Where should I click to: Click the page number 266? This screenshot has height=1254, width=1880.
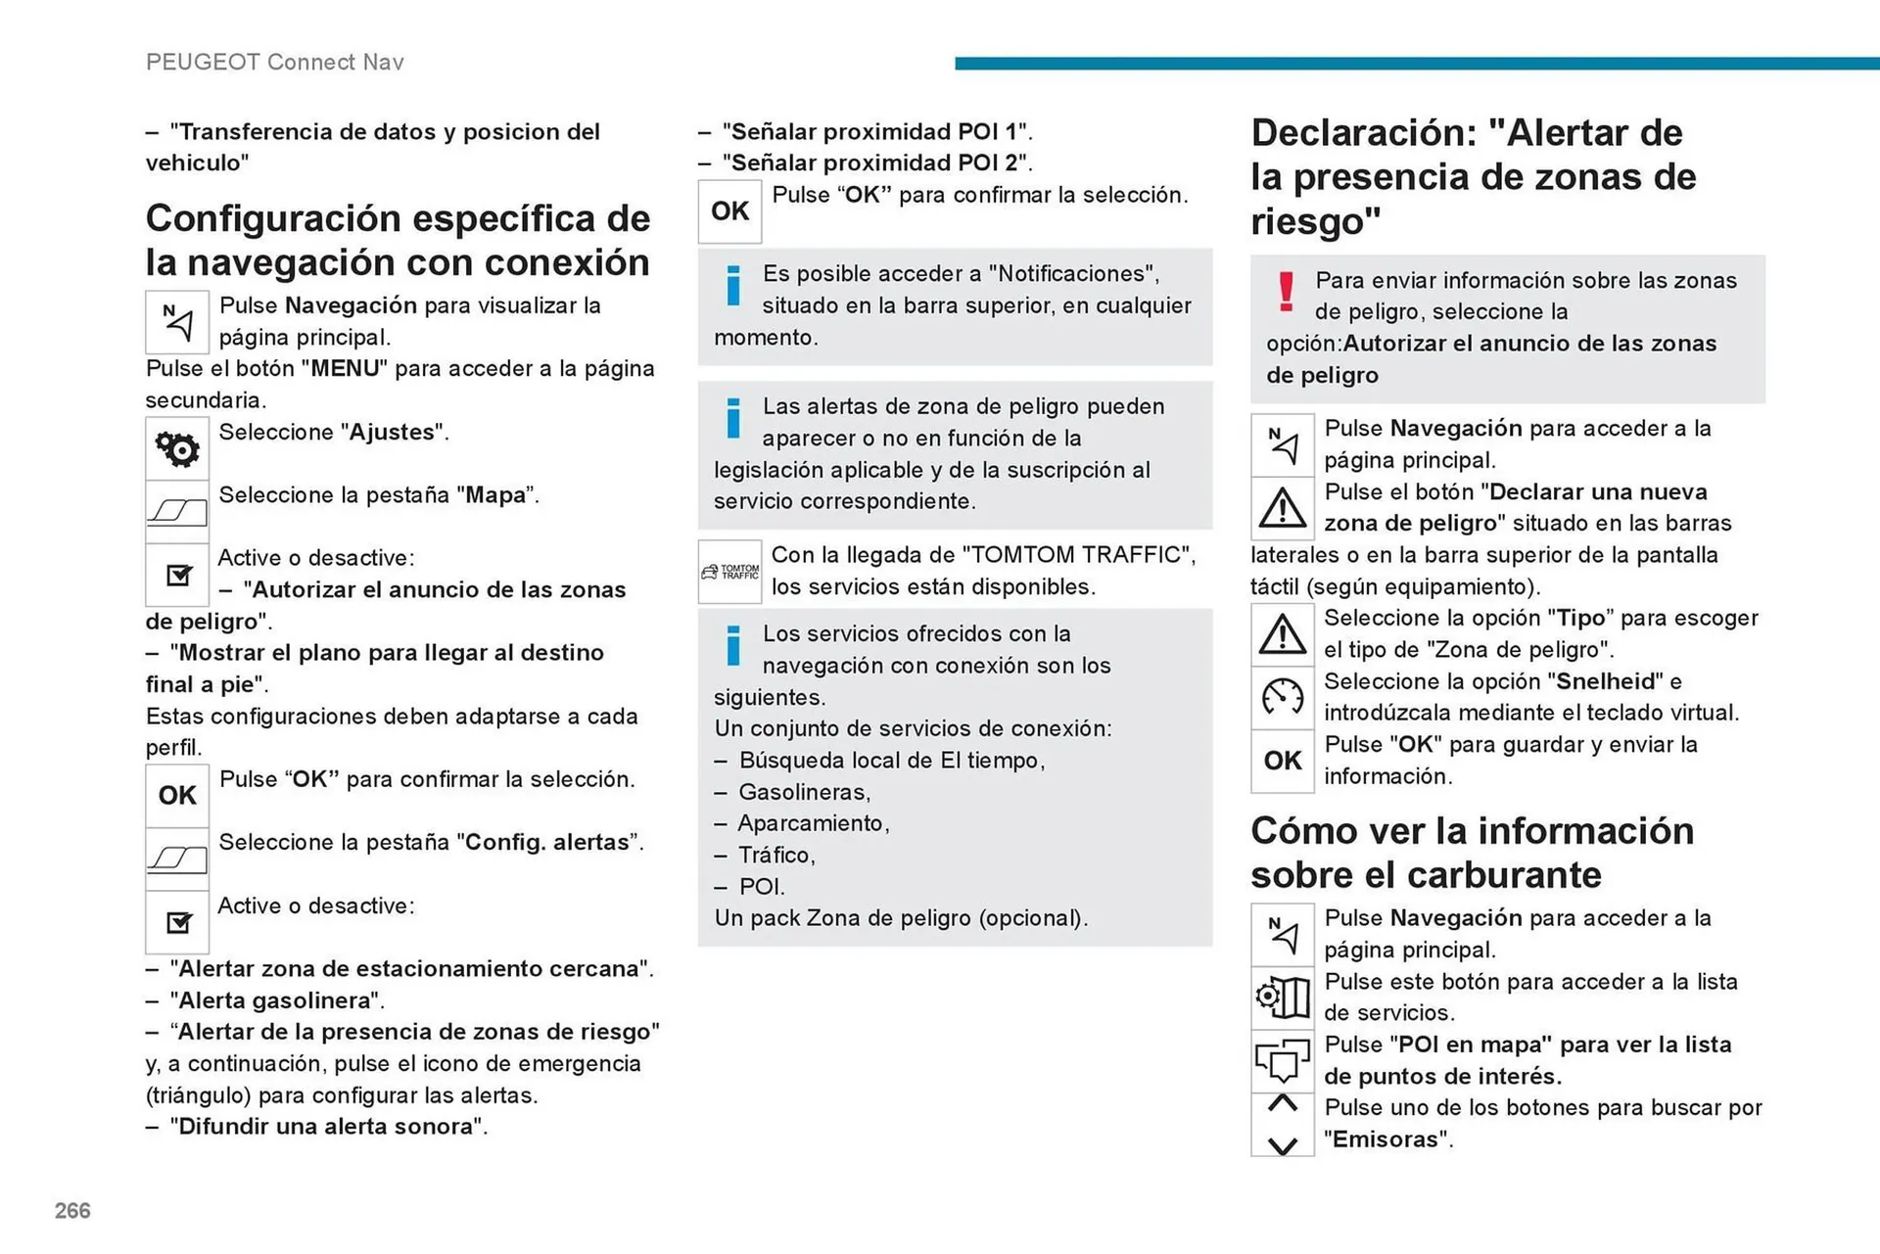pos(72,1211)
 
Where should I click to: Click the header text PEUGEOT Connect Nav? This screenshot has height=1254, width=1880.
pos(274,63)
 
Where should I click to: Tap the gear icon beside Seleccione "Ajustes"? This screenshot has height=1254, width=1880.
pos(177,448)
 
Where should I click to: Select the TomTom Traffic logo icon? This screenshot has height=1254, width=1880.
pos(730,572)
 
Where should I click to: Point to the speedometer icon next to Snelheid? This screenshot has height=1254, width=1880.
pos(1282,697)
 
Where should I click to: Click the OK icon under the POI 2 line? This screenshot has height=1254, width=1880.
pos(729,211)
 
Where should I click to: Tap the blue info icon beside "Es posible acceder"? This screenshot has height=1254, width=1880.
pos(732,287)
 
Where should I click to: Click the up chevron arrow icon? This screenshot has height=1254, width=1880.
pos(1282,1104)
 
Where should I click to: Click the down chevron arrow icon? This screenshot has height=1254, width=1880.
pos(1282,1144)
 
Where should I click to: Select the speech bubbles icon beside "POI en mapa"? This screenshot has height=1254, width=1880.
pos(1282,1060)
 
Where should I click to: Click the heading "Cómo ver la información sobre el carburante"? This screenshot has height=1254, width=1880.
pos(1472,853)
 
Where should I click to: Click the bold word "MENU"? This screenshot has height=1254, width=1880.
pos(344,369)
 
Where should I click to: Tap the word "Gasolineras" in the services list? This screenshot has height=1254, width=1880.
pos(803,792)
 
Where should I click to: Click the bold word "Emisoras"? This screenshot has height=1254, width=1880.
pos(1387,1139)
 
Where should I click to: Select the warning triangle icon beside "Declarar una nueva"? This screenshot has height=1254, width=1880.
pos(1282,508)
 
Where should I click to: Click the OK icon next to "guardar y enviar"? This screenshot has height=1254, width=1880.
pos(1282,761)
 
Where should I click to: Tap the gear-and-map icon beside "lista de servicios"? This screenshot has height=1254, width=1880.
pos(1282,998)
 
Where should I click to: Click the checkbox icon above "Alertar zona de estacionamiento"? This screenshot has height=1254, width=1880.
pos(178,922)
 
